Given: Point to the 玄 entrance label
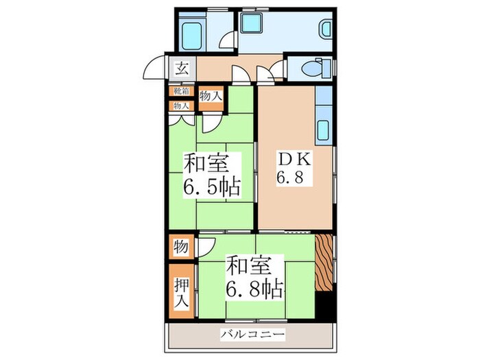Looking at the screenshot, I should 182,68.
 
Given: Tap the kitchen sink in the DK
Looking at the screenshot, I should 324,128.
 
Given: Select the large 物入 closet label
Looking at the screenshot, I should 211,97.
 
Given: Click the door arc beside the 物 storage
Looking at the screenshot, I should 206,247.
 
